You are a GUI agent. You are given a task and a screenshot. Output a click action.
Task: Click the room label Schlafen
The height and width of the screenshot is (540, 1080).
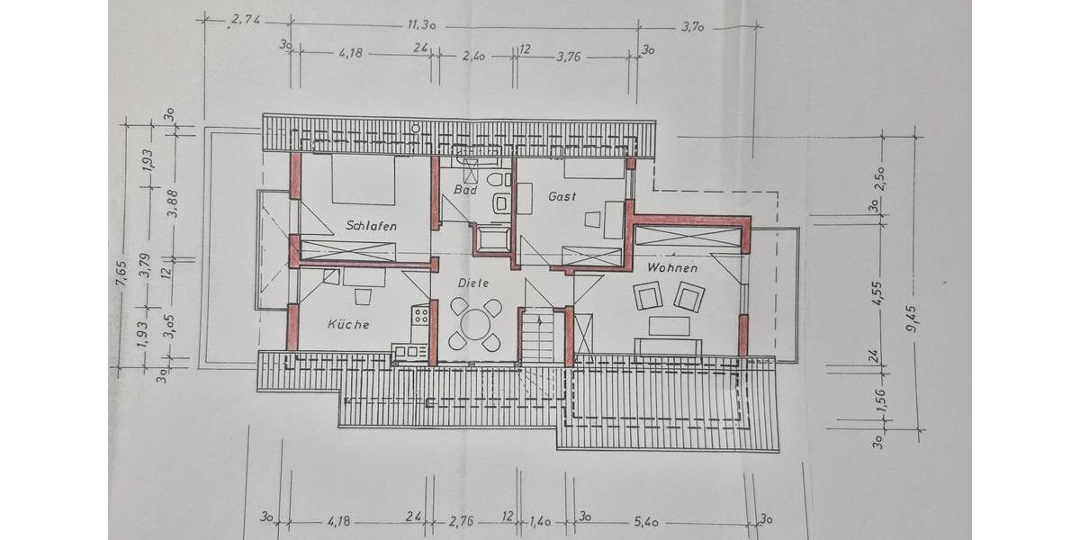point(371,227)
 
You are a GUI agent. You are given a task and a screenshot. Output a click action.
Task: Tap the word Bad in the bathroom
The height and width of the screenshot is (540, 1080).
point(464,191)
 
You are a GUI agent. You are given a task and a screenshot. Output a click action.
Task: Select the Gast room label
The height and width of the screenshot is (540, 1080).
point(561,196)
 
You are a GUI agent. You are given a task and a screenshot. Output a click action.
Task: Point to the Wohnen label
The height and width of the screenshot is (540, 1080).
point(672,267)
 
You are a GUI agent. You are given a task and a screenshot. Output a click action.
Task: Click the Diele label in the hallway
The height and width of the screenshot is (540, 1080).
point(472,283)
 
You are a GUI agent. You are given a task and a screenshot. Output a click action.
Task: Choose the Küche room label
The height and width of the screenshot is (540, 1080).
point(348,324)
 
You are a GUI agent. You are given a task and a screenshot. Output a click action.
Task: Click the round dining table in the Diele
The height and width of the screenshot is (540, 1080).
point(475,324)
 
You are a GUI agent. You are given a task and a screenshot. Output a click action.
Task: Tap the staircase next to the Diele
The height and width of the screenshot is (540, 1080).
point(542,335)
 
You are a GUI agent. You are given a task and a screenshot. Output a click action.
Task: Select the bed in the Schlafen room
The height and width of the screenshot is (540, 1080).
point(364,180)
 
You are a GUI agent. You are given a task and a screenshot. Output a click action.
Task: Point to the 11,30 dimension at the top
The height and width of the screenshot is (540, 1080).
point(422,25)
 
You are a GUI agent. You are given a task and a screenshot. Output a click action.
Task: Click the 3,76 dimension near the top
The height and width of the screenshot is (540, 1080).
point(569,56)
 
